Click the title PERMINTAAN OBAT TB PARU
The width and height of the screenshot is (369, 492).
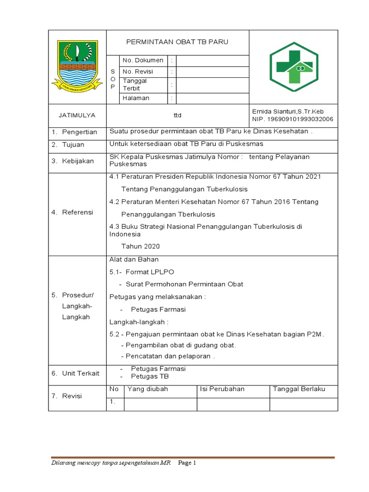177,42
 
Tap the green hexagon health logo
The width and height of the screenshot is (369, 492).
294,67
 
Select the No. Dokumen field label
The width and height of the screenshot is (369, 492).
143,61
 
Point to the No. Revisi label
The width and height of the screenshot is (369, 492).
139,72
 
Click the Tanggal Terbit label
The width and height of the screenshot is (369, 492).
135,85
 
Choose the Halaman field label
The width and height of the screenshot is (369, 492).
136,98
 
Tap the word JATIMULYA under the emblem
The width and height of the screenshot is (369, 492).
77,115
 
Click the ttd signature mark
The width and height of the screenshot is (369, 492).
177,115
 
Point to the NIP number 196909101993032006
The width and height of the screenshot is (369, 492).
293,119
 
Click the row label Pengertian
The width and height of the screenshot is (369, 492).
79,132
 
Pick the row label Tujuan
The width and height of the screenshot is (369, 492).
73,145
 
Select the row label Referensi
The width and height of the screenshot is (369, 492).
77,212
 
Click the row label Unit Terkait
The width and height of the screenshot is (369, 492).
80,373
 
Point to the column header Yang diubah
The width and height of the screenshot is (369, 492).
148,389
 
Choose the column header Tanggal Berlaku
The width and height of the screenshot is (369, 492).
299,389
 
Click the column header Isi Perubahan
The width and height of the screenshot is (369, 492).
222,389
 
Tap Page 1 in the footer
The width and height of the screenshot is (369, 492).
187,463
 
